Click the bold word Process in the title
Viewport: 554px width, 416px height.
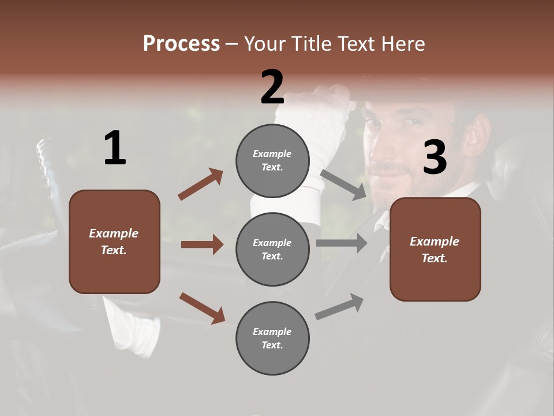point(181,43)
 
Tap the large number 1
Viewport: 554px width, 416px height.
point(115,148)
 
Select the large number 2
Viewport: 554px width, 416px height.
point(272,87)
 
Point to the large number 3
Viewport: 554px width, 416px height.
point(435,157)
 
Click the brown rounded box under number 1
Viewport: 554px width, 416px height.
point(114,242)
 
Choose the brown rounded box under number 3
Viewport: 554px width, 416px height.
point(435,249)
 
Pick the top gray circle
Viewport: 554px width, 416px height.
point(272,160)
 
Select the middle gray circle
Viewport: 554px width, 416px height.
point(272,249)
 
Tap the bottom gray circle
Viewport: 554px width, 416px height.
point(272,338)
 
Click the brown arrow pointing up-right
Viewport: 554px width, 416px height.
point(200,184)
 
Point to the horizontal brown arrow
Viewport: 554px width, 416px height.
point(202,244)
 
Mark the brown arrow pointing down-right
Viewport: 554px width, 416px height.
point(202,308)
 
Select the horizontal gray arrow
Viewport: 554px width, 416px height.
point(342,243)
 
